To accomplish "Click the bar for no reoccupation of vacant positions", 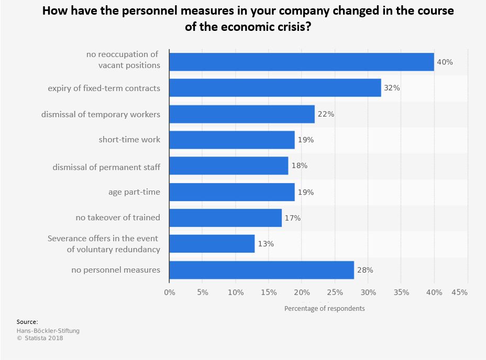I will click(x=302, y=62).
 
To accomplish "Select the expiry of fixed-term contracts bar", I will click(x=275, y=88).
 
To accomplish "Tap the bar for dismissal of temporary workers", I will click(x=242, y=114).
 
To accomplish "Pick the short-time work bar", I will click(x=232, y=140).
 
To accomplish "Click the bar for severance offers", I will click(x=212, y=244).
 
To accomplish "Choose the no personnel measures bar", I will click(x=261, y=270).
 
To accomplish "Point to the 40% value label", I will click(x=445, y=62).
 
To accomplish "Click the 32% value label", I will click(x=392, y=88).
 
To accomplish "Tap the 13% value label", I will click(x=266, y=244).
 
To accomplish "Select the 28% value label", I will click(x=365, y=270).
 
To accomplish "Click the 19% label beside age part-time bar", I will click(x=305, y=192).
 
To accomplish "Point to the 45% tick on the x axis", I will click(x=459, y=292).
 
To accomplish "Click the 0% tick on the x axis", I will click(x=169, y=292).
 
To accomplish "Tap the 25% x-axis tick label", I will click(x=335, y=292).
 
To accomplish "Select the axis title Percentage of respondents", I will click(x=324, y=308).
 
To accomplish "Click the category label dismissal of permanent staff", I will click(x=106, y=167).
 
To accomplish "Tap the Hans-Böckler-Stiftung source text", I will click(x=48, y=331).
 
